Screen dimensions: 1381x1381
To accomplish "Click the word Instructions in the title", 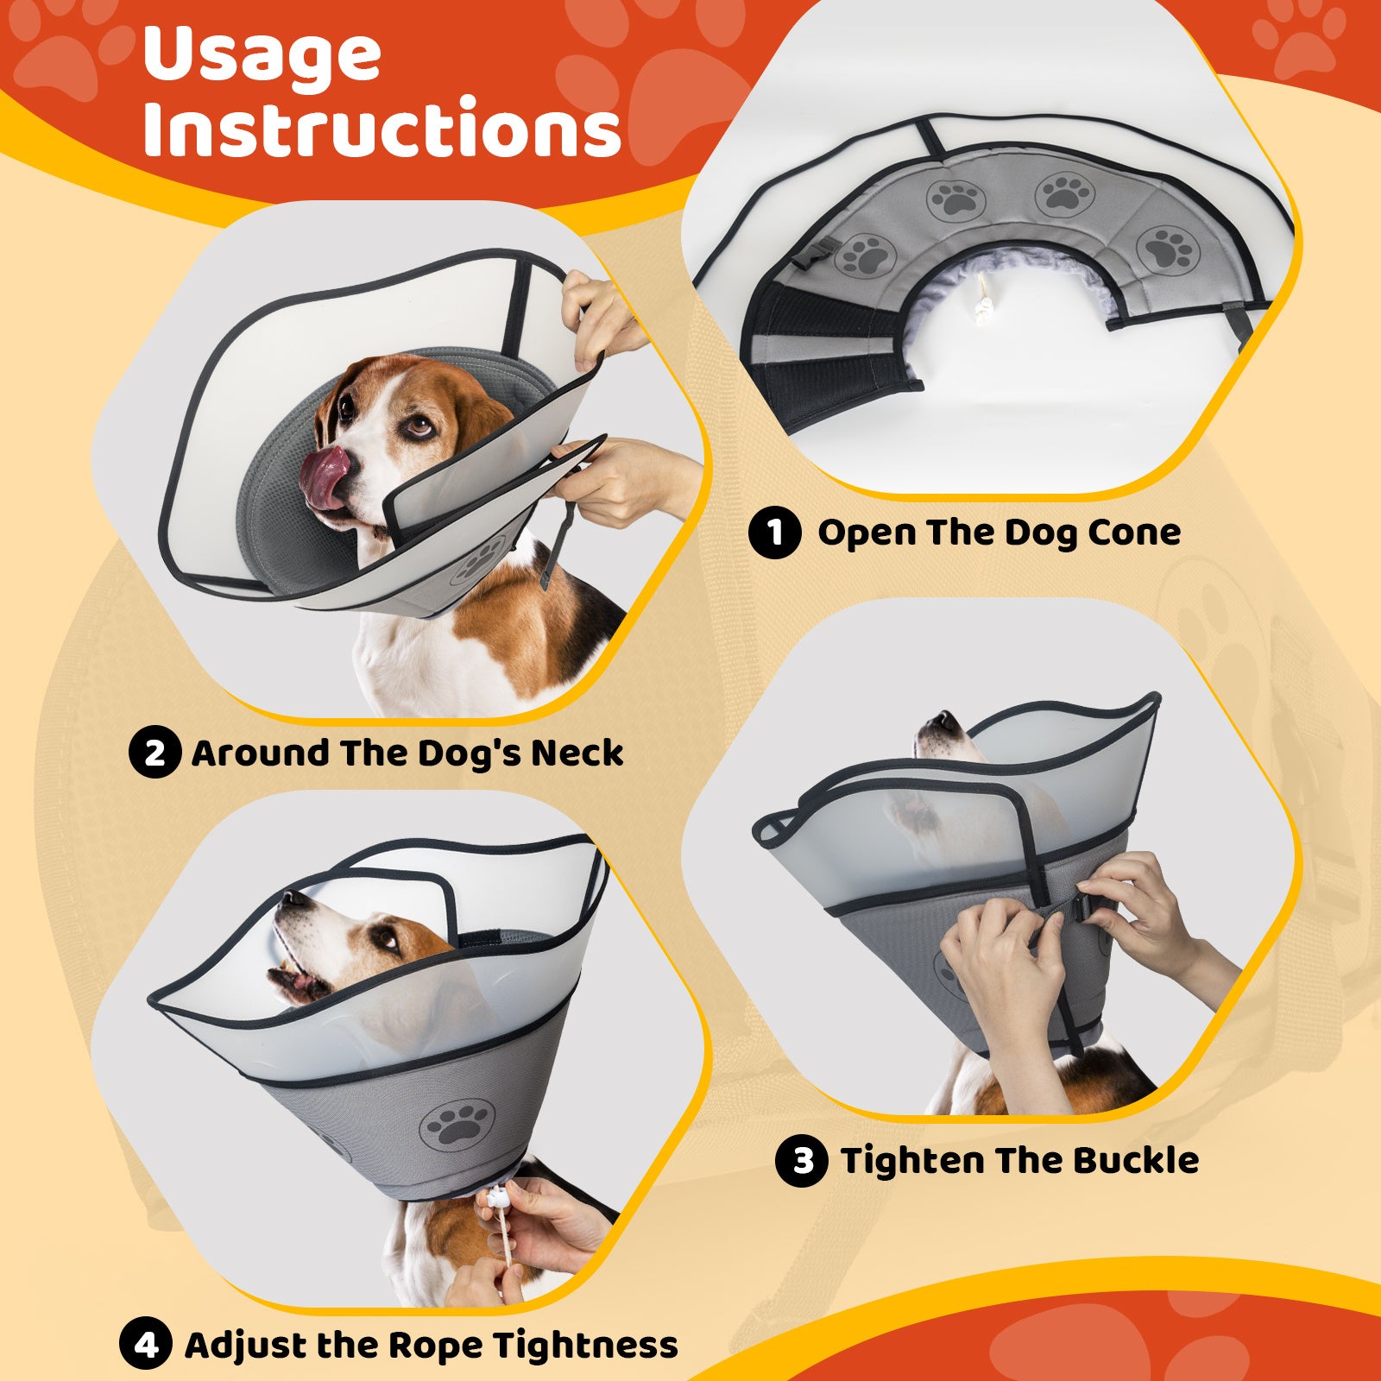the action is click(382, 128).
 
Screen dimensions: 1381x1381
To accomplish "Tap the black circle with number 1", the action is click(774, 532).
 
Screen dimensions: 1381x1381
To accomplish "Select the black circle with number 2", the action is click(154, 752).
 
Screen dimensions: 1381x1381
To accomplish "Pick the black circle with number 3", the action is click(802, 1160).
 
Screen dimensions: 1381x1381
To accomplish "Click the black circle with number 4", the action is click(146, 1344).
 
